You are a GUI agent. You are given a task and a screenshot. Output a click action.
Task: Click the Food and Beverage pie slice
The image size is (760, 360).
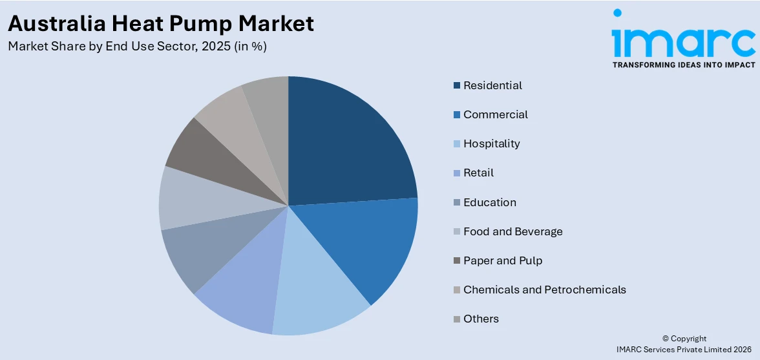(187, 200)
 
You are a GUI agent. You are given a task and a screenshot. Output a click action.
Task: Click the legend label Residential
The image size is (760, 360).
(492, 85)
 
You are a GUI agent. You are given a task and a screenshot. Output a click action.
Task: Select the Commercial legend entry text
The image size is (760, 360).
(495, 114)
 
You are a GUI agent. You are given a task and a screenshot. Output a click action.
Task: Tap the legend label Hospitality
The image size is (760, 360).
(491, 143)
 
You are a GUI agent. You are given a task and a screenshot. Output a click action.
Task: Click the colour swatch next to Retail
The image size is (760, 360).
(457, 173)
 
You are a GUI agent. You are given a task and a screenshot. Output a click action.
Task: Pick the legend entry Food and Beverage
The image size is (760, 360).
(512, 231)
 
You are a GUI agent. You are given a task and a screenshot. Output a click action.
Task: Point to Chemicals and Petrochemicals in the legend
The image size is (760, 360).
(544, 290)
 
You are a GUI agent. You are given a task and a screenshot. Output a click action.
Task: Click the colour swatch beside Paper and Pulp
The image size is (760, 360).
(457, 261)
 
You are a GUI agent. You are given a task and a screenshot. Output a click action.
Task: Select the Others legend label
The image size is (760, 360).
(481, 319)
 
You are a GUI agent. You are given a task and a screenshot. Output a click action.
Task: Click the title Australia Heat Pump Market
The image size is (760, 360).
(161, 23)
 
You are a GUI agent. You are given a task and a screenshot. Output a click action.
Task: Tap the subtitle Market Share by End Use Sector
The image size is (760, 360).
(137, 47)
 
